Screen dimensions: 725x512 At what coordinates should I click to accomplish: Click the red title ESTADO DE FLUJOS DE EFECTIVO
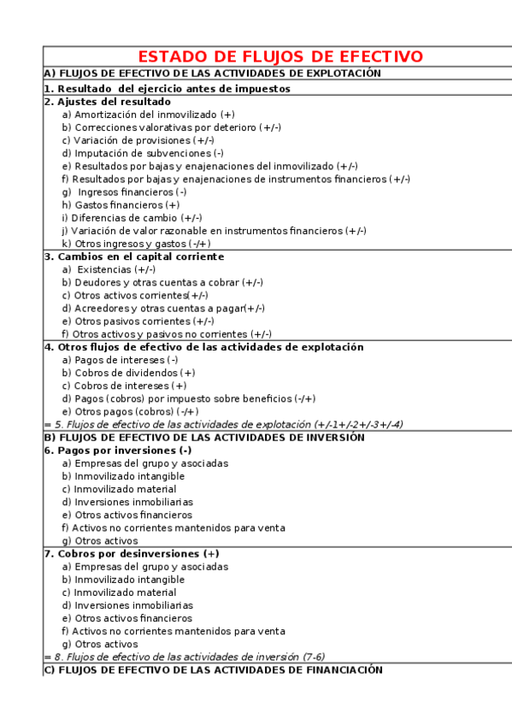click(x=280, y=56)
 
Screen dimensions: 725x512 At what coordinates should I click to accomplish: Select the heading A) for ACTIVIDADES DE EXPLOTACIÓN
click(x=212, y=74)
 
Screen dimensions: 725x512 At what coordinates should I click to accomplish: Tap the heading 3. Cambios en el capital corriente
click(x=133, y=256)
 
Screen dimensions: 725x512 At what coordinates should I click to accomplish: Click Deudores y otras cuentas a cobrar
click(x=162, y=282)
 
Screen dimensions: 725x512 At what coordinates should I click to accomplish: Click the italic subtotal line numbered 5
click(x=223, y=424)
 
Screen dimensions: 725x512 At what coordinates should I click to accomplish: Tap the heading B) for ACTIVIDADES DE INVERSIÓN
click(x=204, y=437)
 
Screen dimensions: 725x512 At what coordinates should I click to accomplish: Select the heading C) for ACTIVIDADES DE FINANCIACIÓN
click(x=213, y=669)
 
